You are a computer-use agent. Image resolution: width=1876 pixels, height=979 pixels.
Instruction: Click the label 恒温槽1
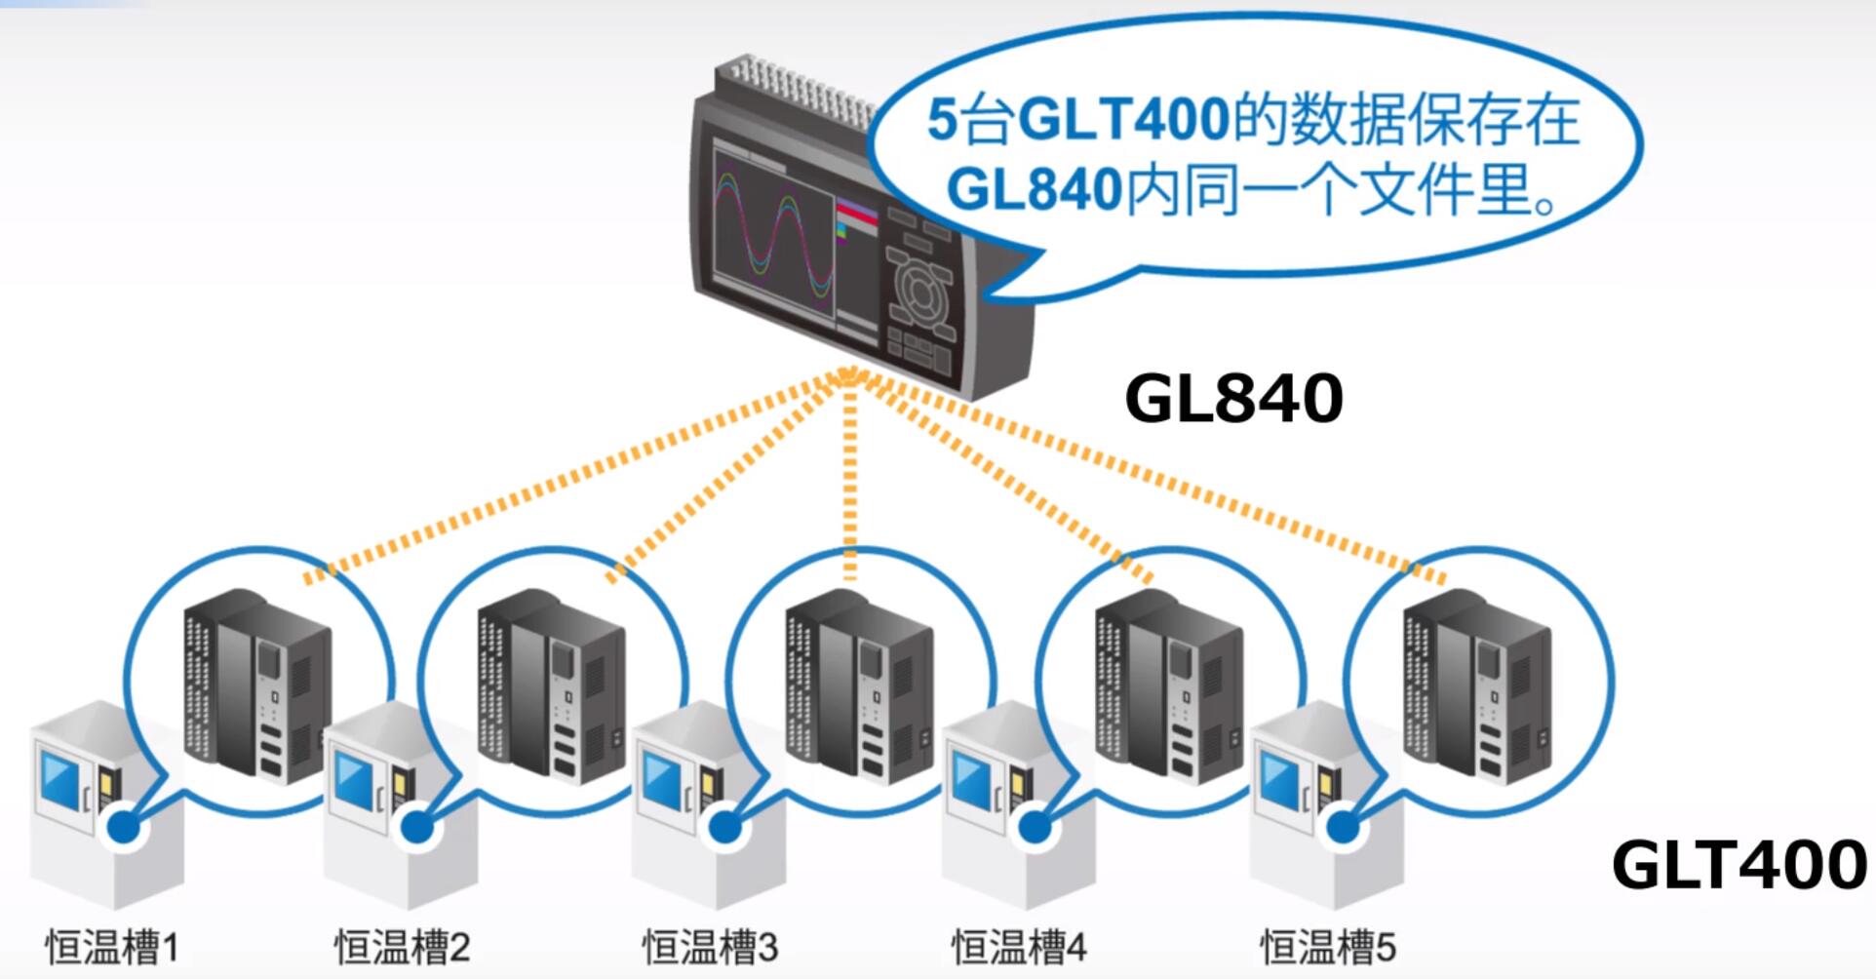click(112, 946)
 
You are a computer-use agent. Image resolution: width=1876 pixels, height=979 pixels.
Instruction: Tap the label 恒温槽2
click(403, 946)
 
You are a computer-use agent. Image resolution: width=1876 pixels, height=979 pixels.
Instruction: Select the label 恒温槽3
click(711, 946)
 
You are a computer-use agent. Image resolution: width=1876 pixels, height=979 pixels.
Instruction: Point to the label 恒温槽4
click(1019, 946)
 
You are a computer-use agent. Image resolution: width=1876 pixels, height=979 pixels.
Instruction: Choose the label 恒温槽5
click(1328, 946)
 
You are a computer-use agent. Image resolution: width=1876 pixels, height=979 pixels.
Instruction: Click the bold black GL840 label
click(1233, 398)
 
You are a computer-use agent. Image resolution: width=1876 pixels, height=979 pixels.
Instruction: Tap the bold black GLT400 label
click(1739, 864)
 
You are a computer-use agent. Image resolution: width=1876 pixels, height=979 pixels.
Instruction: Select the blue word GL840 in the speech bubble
click(1035, 188)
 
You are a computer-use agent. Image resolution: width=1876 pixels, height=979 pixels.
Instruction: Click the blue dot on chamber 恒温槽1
click(123, 829)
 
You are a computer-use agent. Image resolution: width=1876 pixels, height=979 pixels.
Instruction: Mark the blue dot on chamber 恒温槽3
click(723, 829)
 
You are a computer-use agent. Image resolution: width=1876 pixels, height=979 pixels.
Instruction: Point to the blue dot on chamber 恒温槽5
click(1343, 829)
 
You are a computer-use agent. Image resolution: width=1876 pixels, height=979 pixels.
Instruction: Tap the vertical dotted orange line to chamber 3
click(850, 478)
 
